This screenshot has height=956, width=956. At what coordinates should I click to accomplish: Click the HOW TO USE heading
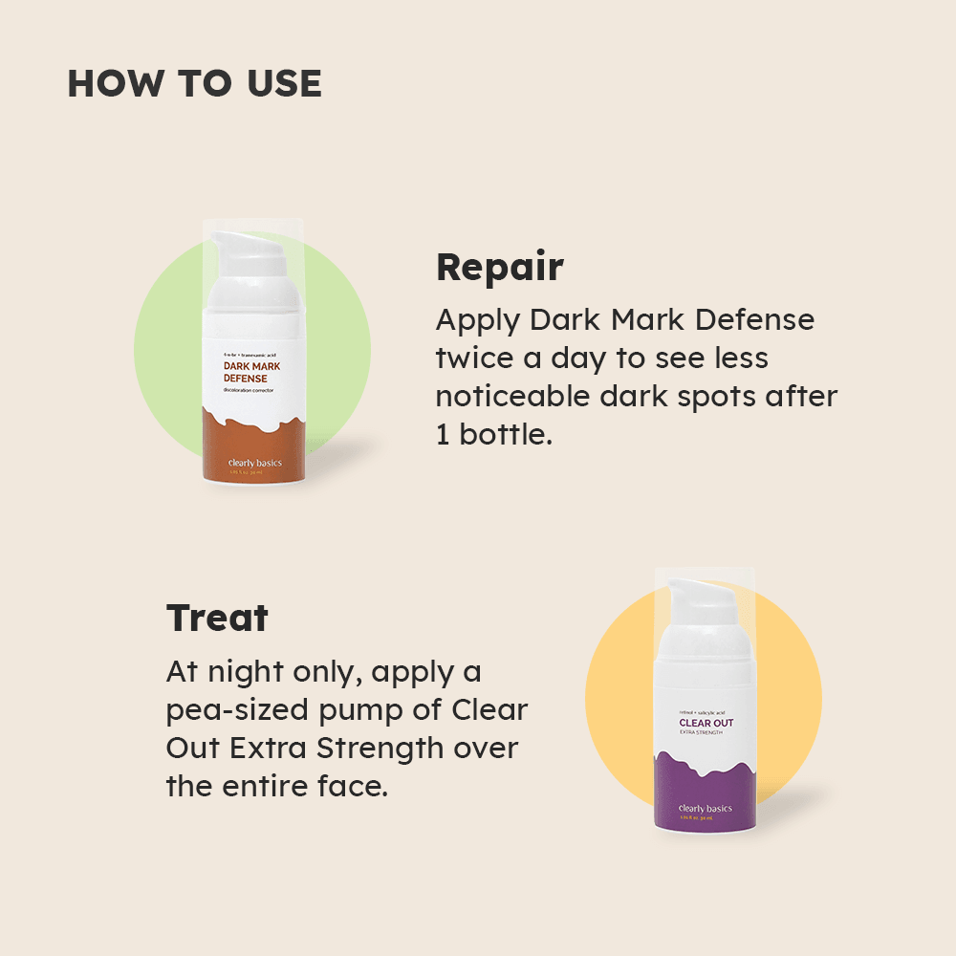194,84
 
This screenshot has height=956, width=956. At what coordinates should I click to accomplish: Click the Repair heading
499,268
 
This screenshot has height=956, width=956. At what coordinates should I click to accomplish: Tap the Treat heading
217,619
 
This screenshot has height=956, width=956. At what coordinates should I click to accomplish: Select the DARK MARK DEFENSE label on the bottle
251,372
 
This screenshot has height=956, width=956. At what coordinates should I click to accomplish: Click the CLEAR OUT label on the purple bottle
706,723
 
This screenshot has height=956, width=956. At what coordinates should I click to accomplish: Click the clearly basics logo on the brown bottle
255,464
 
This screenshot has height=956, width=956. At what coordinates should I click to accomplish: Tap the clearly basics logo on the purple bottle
706,809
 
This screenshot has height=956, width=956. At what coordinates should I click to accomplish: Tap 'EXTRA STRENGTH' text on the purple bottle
701,733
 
